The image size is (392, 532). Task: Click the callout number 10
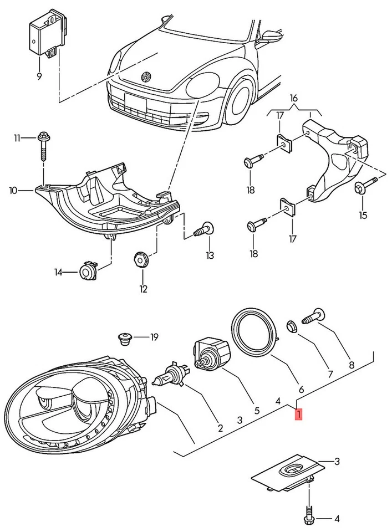(x=13, y=191)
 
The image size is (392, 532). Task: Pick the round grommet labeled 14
(x=88, y=271)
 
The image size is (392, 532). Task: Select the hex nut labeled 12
(x=142, y=259)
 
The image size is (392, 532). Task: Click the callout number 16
(x=294, y=98)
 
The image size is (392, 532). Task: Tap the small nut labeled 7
(x=291, y=325)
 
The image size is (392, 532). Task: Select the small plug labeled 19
(x=125, y=338)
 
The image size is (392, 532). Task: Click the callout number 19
(x=154, y=336)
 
